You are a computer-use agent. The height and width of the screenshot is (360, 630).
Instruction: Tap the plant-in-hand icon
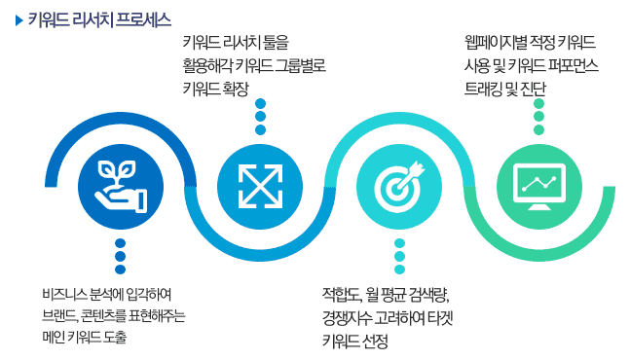tap(121, 182)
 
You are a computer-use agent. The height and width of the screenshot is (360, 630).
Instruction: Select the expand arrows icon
tap(260, 182)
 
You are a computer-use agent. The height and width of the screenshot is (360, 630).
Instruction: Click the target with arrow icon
tap(399, 182)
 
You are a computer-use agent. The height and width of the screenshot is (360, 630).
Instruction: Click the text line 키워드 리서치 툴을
tap(236, 43)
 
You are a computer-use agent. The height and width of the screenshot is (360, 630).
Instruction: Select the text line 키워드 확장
tap(216, 88)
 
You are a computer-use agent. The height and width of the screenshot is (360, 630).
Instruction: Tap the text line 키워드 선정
tap(355, 340)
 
